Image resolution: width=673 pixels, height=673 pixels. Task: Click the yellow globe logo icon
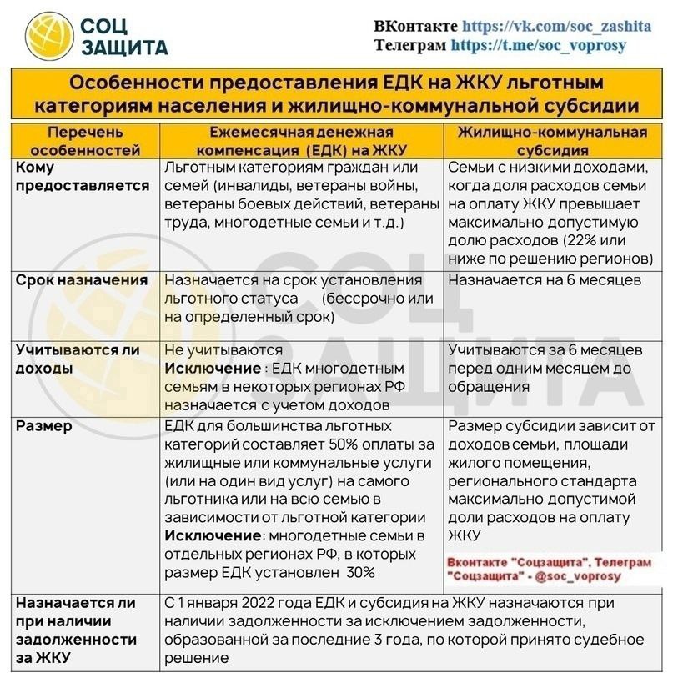[x=48, y=37]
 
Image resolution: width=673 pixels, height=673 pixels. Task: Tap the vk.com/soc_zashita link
[x=556, y=26]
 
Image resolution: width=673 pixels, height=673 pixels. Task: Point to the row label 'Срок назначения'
[x=82, y=280]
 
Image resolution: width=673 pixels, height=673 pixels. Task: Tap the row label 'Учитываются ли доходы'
[x=78, y=359]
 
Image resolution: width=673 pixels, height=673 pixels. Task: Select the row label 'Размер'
[x=43, y=426]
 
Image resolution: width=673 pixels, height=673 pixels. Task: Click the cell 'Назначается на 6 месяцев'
[x=544, y=280]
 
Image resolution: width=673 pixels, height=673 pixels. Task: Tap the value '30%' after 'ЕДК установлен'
[x=359, y=572]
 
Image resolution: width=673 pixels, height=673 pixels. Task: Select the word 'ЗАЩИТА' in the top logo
[x=124, y=48]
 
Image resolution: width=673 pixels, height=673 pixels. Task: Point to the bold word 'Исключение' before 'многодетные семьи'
[x=213, y=535]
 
